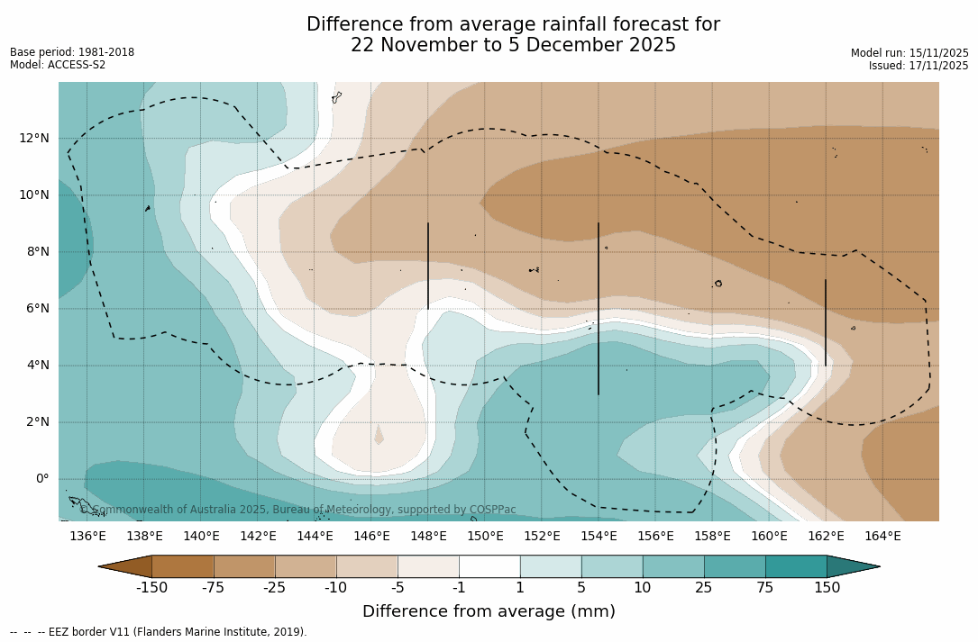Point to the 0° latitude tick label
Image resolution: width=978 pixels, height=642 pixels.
point(41,478)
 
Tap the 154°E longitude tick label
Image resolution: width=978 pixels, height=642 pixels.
point(599,537)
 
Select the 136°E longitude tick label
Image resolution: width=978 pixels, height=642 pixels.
point(87,537)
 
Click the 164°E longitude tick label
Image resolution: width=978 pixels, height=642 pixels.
point(882,537)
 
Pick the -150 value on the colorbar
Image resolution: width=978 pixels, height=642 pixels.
point(152,588)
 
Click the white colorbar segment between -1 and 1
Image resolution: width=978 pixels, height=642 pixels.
point(489,566)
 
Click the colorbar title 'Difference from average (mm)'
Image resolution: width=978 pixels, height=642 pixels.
point(489,611)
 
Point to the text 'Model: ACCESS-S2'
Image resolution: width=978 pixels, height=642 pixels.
point(58,65)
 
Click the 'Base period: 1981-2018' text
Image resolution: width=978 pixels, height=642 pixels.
point(72,52)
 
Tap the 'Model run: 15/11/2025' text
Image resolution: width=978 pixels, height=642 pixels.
point(909,53)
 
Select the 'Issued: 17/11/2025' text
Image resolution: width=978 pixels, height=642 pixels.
point(919,66)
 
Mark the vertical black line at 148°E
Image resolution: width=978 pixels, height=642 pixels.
point(428,266)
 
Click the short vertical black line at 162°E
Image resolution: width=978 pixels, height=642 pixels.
point(826,322)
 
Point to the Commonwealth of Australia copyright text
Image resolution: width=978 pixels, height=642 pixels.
point(297,510)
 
